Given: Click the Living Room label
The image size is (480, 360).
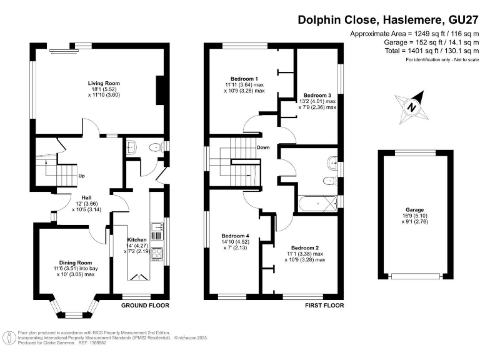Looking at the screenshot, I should pos(103,83).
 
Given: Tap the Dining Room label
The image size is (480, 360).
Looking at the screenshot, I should pos(76,262).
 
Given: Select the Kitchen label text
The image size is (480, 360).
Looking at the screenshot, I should pos(136,239).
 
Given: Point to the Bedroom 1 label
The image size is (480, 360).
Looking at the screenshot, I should pos(244,78).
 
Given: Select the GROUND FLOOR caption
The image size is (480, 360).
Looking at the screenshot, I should pos(145,306).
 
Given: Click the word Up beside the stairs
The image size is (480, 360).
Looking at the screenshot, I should pos(81,176).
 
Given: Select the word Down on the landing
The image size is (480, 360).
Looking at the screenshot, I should pos(262,148).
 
